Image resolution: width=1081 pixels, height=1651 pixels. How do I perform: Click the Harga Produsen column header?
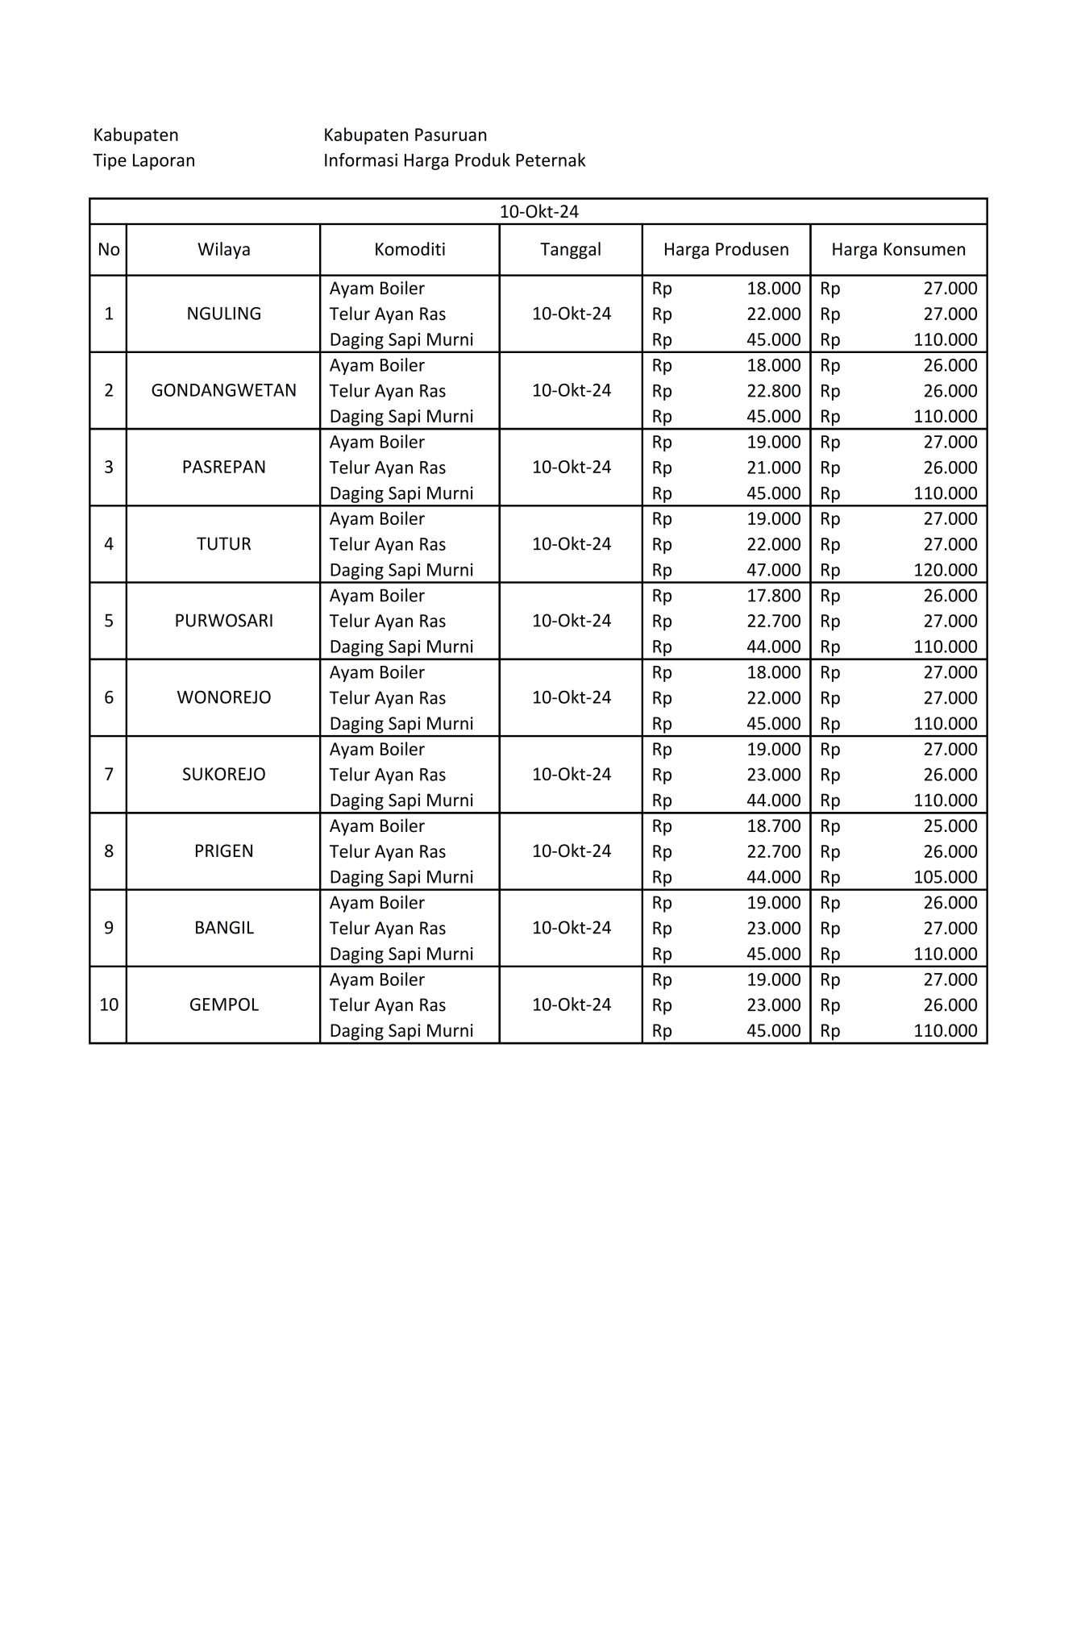(726, 250)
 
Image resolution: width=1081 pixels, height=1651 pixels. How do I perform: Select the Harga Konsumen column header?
(898, 250)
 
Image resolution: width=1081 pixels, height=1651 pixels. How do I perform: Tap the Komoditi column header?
(410, 250)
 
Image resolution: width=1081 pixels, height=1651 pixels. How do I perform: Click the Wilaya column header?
(223, 250)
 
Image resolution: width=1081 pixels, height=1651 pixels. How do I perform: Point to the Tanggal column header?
(571, 250)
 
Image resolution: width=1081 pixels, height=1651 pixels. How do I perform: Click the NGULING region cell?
(223, 314)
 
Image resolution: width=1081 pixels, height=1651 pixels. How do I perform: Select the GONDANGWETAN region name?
(223, 391)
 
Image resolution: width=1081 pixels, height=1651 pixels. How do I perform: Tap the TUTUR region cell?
(223, 544)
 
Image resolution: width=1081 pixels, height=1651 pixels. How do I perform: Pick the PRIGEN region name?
(223, 851)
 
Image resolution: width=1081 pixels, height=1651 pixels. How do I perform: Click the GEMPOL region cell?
(223, 1005)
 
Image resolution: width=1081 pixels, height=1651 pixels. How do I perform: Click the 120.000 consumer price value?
(945, 570)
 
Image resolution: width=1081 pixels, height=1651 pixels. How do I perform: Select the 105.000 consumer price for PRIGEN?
(945, 877)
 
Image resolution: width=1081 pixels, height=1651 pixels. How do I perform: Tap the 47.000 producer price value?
(773, 570)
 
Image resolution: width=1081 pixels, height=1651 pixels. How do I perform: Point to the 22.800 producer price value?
(773, 391)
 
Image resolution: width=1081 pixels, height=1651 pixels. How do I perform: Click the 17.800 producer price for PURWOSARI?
(773, 596)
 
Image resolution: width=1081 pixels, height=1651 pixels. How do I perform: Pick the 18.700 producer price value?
(773, 826)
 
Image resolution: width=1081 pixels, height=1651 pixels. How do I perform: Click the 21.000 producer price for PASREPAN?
(773, 468)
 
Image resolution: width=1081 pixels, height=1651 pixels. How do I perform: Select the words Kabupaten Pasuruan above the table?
(405, 135)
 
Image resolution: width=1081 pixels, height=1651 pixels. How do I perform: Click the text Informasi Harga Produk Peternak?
(454, 160)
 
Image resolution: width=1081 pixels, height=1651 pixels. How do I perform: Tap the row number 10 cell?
(109, 1005)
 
